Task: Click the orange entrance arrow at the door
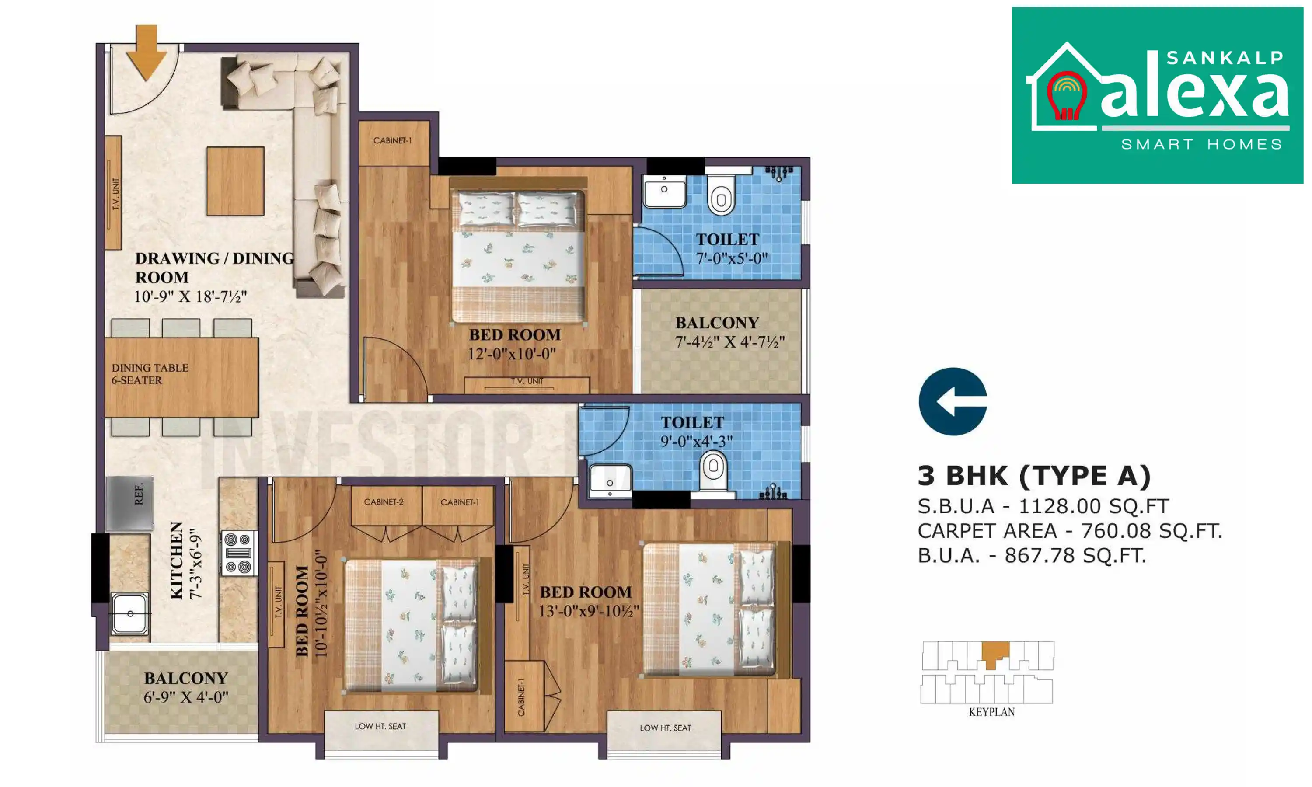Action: coord(146,52)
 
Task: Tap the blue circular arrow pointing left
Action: coord(953,401)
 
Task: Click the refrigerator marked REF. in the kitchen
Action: coord(130,503)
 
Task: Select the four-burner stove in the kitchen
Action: coord(237,554)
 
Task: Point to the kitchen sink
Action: coord(130,613)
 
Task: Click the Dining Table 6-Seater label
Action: coord(150,374)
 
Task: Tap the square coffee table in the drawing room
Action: coord(235,181)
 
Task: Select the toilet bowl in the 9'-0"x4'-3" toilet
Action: coord(713,471)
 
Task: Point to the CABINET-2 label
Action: coord(384,501)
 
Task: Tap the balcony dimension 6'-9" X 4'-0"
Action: coord(185,697)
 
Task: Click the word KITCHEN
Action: coord(177,561)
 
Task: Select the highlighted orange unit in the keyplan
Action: coord(995,654)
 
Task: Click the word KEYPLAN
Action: coord(991,712)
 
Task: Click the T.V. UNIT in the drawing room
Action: coord(113,193)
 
